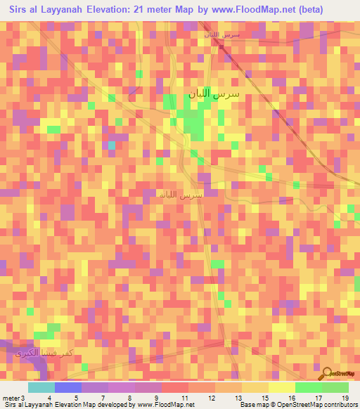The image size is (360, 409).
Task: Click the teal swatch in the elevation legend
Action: (41, 387)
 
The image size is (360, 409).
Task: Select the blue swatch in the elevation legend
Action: (67, 387)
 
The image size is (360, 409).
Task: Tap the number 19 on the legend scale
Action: (345, 398)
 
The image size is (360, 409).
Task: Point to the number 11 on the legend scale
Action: (184, 398)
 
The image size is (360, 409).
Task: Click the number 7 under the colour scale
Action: (103, 398)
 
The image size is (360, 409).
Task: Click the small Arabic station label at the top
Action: (221, 34)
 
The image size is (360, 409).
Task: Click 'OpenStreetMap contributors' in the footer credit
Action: (316, 405)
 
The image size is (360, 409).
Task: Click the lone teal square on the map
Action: (110, 145)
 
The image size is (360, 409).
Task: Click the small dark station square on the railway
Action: (220, 47)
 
